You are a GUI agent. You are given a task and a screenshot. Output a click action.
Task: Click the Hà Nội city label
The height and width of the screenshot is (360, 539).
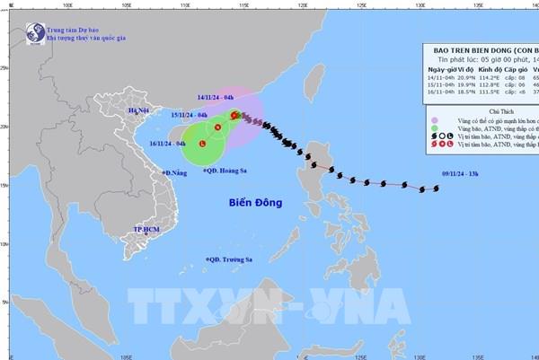click(x=139, y=111)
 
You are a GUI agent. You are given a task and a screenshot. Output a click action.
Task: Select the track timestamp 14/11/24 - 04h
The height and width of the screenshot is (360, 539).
click(x=216, y=96)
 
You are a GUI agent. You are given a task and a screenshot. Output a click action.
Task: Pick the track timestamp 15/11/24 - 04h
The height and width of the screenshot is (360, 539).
click(x=190, y=115)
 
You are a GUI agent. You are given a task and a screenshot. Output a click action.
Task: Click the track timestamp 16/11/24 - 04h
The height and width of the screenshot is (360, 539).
click(x=167, y=143)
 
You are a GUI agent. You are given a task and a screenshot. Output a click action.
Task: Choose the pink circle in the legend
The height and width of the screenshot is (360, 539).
click(x=436, y=119)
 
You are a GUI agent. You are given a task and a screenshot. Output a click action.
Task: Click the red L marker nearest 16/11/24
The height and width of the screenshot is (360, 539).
click(x=202, y=145)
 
